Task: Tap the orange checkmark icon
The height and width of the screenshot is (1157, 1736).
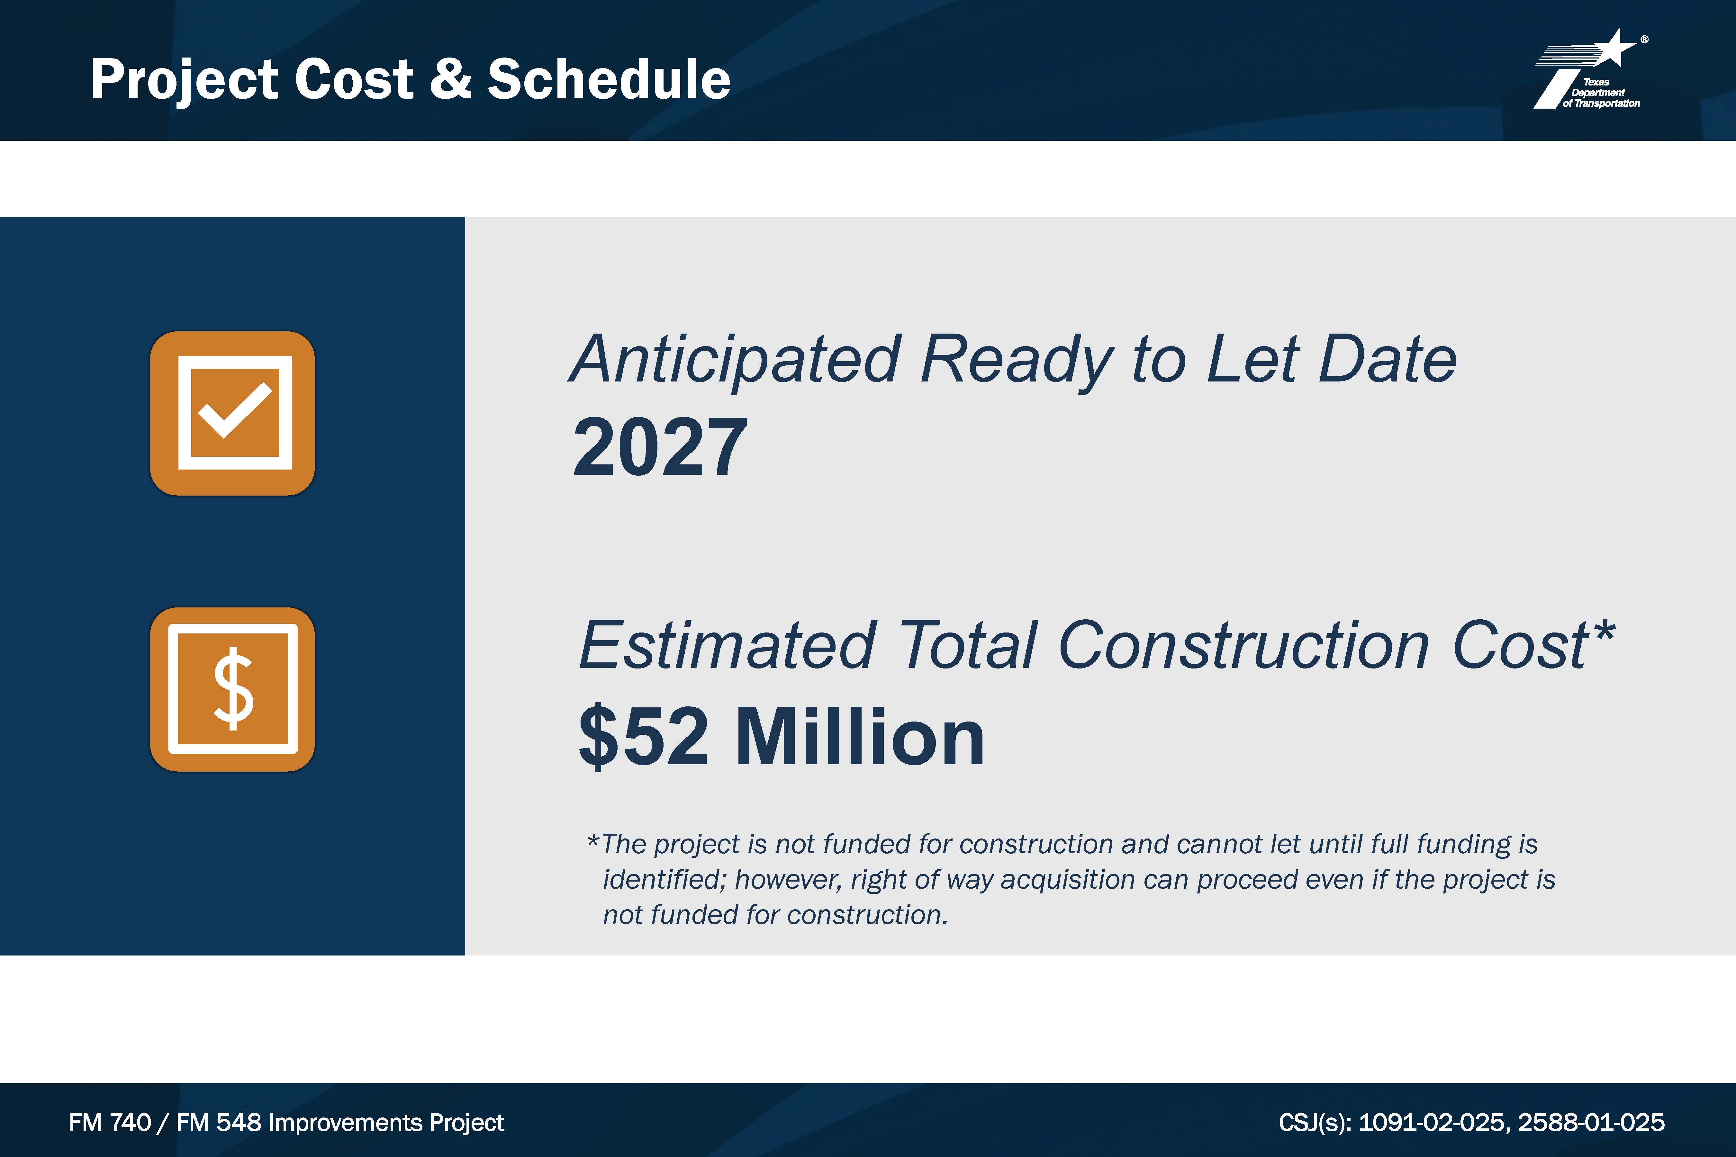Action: coord(232,413)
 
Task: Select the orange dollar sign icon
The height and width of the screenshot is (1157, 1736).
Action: coord(232,689)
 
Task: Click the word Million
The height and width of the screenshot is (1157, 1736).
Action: coord(860,736)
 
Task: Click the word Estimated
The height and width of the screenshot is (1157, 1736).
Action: coord(727,646)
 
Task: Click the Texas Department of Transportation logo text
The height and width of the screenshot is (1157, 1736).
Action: coord(1600,93)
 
